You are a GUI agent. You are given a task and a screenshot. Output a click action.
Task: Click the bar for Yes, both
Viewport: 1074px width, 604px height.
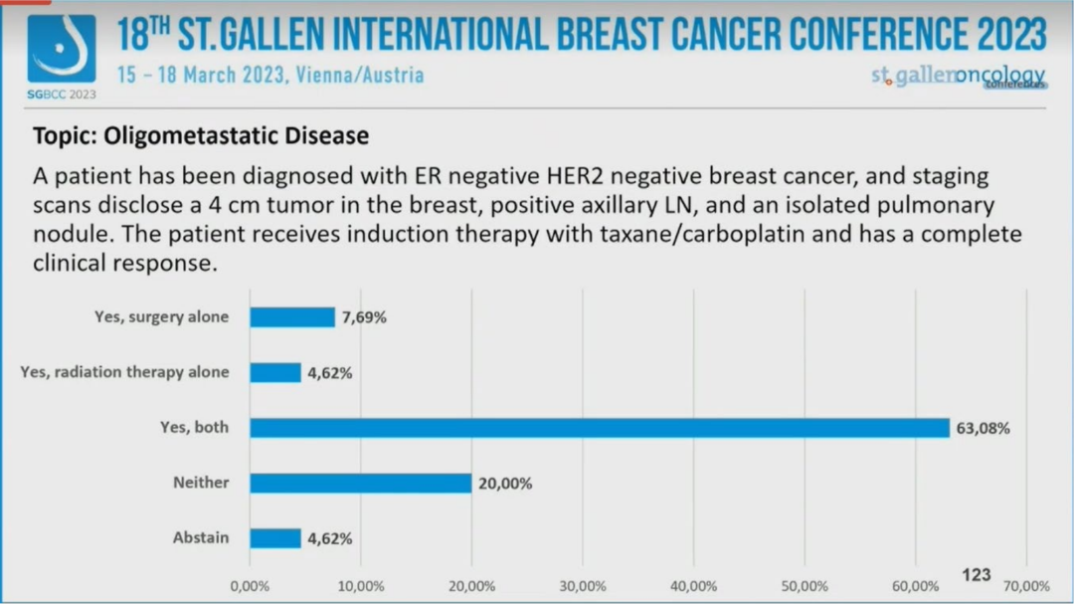point(600,428)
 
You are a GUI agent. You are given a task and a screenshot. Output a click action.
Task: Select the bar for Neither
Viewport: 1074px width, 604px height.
point(360,484)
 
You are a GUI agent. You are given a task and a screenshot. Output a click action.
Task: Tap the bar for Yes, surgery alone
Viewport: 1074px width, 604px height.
point(292,317)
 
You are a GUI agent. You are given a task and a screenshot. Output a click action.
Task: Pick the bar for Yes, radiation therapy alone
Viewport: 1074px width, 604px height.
point(275,373)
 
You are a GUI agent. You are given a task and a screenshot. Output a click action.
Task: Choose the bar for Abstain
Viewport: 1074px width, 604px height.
point(275,538)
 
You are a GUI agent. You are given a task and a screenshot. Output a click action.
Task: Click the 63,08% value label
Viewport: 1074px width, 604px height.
point(984,429)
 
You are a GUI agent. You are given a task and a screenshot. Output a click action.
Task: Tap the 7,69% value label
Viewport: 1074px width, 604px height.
point(365,318)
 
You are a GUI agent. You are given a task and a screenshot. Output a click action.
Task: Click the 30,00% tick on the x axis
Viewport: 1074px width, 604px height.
point(582,586)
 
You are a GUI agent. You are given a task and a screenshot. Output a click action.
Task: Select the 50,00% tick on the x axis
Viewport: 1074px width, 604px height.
point(804,586)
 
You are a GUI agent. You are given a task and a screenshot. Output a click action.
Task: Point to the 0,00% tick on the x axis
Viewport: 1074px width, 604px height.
point(250,586)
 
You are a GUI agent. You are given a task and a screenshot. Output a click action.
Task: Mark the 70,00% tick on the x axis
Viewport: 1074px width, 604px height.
point(1025,586)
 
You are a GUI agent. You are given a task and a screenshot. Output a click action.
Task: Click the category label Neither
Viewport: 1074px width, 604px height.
point(201,483)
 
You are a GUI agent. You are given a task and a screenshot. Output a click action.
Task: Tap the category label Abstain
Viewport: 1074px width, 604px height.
point(201,537)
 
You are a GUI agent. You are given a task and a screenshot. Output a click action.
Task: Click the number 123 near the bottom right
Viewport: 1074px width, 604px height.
point(977,575)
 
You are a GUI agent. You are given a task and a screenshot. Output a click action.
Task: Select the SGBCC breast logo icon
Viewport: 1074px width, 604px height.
point(62,49)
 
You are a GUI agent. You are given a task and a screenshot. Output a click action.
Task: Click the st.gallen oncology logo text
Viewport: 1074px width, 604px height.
point(958,76)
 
